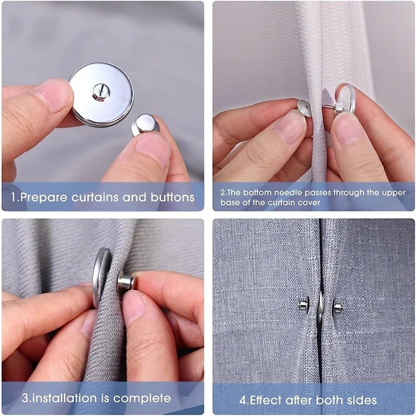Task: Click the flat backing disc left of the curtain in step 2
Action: (305, 108)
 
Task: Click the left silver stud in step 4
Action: (303, 305)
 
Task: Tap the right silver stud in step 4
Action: (338, 307)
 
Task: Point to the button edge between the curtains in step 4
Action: (320, 307)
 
